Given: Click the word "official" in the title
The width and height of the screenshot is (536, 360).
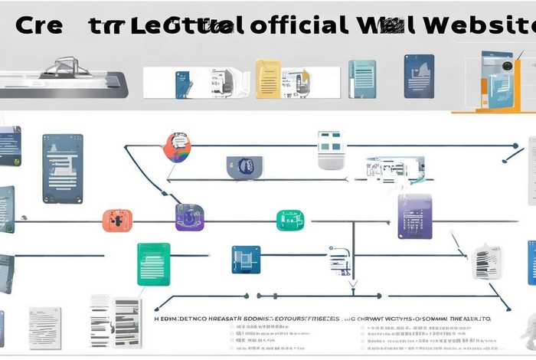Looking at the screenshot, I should pos(296,25).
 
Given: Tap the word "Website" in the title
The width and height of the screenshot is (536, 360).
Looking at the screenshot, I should pos(482,25).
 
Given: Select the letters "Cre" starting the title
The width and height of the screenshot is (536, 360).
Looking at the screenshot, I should pos(38,25).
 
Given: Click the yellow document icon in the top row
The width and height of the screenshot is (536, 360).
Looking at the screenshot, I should pos(268,80).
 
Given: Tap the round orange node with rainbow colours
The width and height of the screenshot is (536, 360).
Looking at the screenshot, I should pos(177,146).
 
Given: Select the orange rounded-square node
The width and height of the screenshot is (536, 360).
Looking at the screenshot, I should pos(117,221).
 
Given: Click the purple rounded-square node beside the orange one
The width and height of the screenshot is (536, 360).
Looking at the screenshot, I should pos(189,218).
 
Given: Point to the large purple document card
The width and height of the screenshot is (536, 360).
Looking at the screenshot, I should pos(415,216).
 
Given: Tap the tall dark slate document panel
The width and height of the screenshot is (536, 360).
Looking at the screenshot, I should pos(62,169).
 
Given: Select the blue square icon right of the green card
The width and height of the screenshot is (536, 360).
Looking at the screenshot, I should pos(246,260).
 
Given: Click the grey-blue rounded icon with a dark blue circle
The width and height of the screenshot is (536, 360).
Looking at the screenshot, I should pos(245,167).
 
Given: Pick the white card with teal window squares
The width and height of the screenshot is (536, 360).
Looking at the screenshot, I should pos(331,149).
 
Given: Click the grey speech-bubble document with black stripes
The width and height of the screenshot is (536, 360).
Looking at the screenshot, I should pos(487,263).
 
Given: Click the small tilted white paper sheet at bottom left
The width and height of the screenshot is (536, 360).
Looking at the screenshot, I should pos(44,326).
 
